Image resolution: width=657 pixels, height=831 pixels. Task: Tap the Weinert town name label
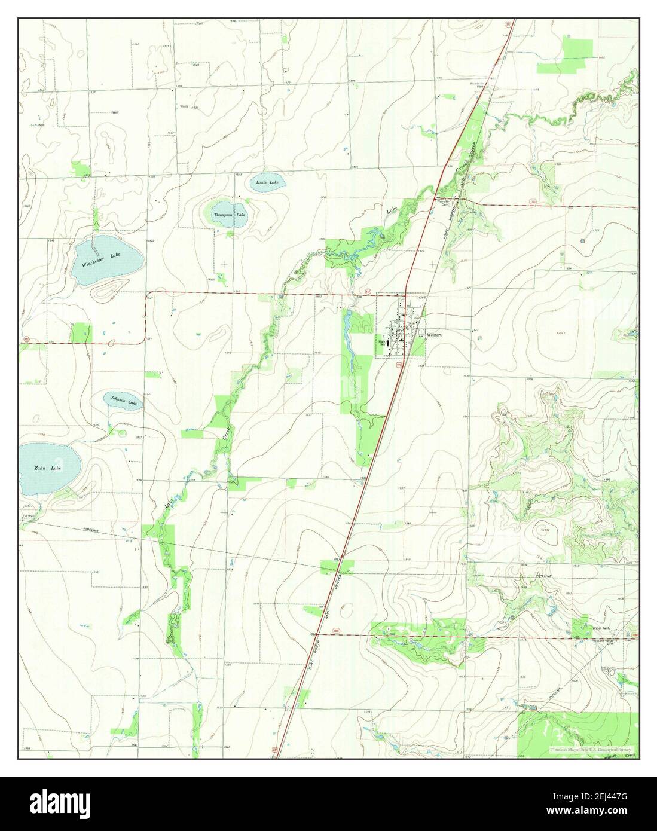(x=434, y=335)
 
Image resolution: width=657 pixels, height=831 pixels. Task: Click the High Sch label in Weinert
(x=382, y=343)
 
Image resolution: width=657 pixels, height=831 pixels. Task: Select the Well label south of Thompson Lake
(x=210, y=279)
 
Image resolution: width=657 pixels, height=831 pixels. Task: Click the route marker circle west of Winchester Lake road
(x=26, y=339)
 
